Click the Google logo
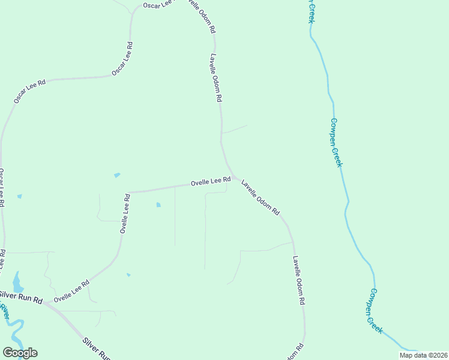pos(20,353)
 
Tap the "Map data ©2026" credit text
pos(423,355)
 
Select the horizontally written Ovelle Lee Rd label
pos(211,181)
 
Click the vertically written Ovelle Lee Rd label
pos(125,213)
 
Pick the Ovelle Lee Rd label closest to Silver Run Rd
pos(71,291)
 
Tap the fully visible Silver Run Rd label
pos(21,297)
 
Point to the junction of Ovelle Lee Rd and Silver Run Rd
pos(45,302)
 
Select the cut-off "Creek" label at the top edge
pos(311,11)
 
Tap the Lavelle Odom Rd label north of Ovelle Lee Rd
pos(216,77)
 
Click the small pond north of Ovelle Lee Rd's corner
pos(117,175)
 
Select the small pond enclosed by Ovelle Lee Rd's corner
pos(158,205)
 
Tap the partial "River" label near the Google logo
pos(5,311)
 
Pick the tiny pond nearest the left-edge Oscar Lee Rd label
pos(20,196)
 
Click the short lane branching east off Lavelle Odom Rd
pos(235,130)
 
